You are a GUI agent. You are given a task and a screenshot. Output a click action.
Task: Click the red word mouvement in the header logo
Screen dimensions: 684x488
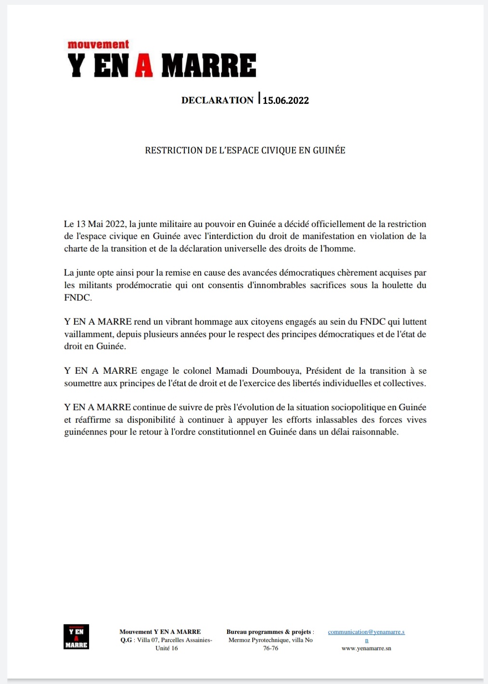(x=98, y=45)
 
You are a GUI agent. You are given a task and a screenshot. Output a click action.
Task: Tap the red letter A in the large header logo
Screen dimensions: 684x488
(x=144, y=66)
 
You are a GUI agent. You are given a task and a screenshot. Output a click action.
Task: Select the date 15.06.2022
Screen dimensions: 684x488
(x=285, y=101)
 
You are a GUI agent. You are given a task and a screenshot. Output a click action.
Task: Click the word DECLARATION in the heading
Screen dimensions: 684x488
(x=217, y=100)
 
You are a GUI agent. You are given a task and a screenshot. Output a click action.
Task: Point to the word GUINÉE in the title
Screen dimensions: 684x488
(x=329, y=151)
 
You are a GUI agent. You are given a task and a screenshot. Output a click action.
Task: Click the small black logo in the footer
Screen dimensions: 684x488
(x=76, y=637)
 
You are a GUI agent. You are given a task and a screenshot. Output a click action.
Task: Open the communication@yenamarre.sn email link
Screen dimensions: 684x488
(x=366, y=632)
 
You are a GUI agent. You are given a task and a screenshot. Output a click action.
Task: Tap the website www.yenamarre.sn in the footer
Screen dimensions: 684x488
(x=366, y=648)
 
